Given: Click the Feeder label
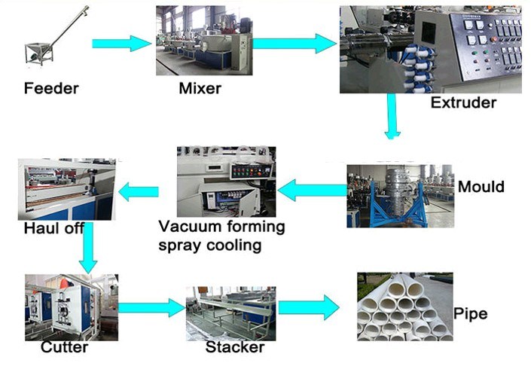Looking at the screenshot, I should pyautogui.click(x=51, y=89).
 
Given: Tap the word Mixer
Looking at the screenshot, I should pyautogui.click(x=200, y=89).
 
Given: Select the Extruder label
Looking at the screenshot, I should pyautogui.click(x=463, y=102).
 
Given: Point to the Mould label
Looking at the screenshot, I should pyautogui.click(x=481, y=186).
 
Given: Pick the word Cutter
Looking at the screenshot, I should pyautogui.click(x=64, y=347).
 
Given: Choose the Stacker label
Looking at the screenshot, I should pyautogui.click(x=235, y=347).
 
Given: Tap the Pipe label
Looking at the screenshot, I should pyautogui.click(x=471, y=313).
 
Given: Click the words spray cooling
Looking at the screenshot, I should pyautogui.click(x=205, y=245).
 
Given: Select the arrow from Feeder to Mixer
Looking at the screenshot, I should pyautogui.click(x=121, y=43).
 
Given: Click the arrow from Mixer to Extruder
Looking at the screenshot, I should pyautogui.click(x=293, y=43).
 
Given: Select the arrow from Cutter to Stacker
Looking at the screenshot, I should pyautogui.click(x=151, y=306).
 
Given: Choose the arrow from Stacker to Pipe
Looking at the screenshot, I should pyautogui.click(x=309, y=306).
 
